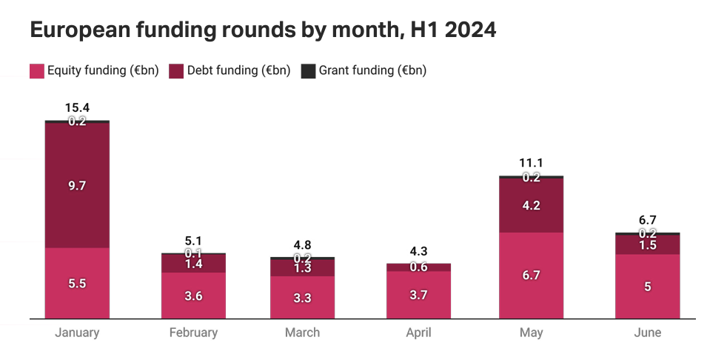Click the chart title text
pos(263,30)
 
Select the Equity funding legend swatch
pos(37,71)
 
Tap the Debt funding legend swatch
pos(176,71)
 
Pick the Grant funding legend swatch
pos(308,71)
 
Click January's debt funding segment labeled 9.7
pos(77,185)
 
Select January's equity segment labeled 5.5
pos(77,283)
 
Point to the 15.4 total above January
pos(77,108)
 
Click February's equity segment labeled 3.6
pos(193,296)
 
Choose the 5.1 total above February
pos(193,241)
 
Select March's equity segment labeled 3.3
pos(302,298)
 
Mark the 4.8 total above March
pos(302,245)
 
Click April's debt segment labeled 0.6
pos(418,267)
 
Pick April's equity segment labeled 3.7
pos(418,295)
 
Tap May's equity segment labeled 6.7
pos(531,276)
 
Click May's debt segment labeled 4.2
pos(531,206)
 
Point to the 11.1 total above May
pos(531,164)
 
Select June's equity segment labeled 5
pos(647,287)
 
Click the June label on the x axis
pos(647,333)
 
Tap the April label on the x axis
pos(418,333)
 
